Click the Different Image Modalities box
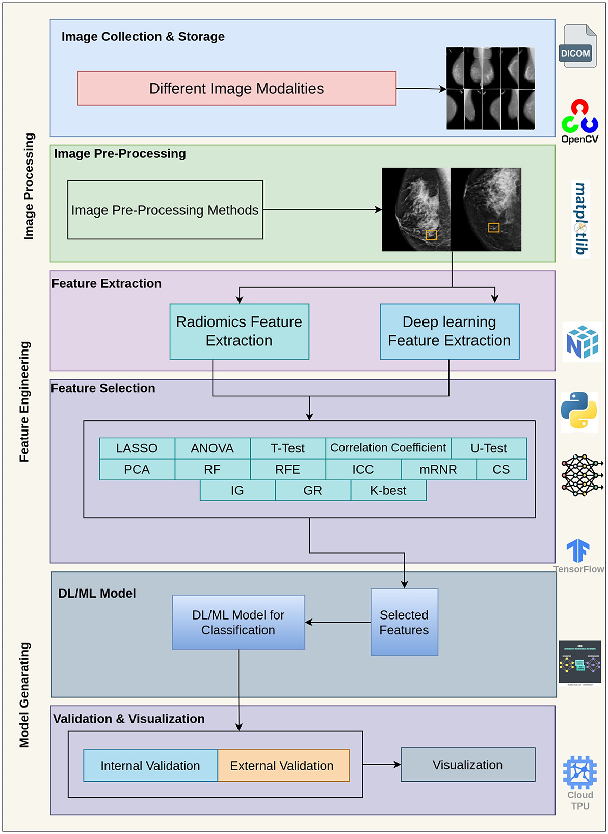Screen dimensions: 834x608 [236, 89]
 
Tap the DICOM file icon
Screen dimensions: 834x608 [577, 46]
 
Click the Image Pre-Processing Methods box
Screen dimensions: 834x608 [165, 210]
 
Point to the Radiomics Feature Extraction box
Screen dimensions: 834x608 [239, 332]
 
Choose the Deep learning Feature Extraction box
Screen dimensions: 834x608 [449, 332]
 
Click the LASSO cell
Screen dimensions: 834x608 [137, 448]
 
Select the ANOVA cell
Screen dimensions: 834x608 [213, 448]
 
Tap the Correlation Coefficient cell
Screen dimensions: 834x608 [388, 448]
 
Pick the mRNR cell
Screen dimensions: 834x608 [438, 469]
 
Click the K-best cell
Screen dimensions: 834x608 [388, 491]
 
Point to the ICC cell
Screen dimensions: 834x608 [363, 469]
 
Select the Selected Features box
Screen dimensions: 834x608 [404, 622]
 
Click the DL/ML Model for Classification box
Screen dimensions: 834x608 [239, 622]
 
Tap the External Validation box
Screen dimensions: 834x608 [283, 766]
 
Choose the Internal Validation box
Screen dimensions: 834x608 [150, 766]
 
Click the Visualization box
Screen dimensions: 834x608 [468, 765]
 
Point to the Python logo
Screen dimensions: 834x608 [579, 411]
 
